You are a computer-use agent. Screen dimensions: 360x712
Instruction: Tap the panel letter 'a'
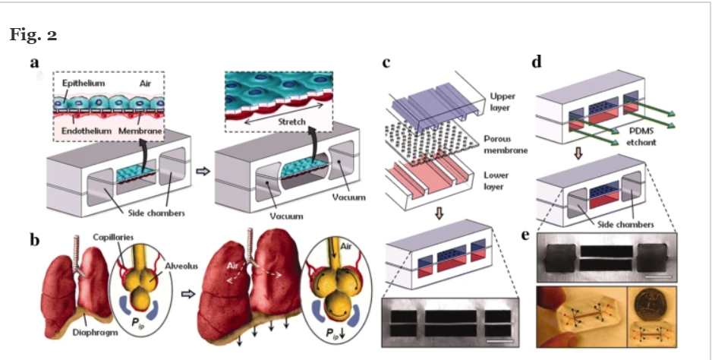click(x=34, y=62)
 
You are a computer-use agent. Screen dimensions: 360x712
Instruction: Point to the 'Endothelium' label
click(x=80, y=131)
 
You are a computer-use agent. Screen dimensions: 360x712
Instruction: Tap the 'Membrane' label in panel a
click(x=142, y=131)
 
